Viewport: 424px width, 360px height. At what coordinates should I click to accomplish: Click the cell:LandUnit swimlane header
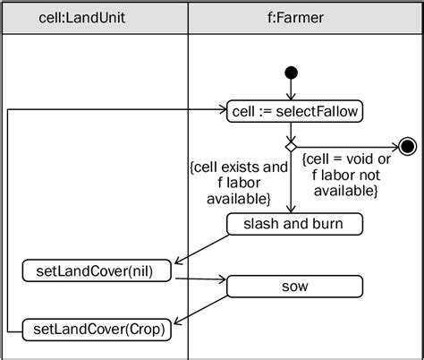point(95,18)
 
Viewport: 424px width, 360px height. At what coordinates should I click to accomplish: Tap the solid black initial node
point(291,73)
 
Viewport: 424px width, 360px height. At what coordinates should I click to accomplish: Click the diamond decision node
point(290,143)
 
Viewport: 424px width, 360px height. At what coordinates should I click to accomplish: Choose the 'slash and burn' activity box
point(294,224)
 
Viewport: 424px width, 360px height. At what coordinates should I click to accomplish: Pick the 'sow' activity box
point(294,287)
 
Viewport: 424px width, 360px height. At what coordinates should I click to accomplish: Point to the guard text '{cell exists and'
point(239,167)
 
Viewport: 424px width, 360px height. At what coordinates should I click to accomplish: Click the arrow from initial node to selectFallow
point(291,89)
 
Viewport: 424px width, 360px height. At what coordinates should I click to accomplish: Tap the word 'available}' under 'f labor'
point(239,197)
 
